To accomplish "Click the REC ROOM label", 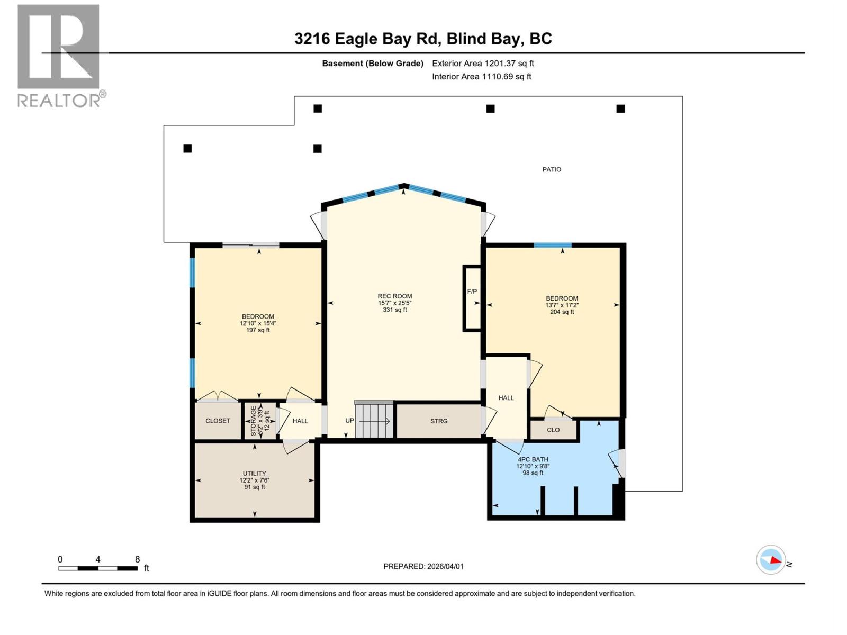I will point(394,296).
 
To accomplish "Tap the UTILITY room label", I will point(254,474).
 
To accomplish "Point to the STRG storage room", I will point(438,421).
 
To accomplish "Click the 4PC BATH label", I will point(533,459).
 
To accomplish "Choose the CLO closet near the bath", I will point(553,430).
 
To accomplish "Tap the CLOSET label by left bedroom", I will point(218,421).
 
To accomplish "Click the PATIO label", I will point(552,169).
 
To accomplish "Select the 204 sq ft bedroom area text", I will point(562,312).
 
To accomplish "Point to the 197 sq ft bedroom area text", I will point(258,330).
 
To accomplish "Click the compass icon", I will point(770,560).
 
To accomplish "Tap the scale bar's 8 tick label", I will point(138,559).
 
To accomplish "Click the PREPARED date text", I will point(423,566).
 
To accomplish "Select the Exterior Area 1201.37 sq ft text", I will point(483,63).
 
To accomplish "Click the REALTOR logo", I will point(59,56).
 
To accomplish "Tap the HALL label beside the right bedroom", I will point(506,398).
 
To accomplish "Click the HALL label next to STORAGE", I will point(300,421).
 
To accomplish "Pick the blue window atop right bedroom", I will point(552,245).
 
